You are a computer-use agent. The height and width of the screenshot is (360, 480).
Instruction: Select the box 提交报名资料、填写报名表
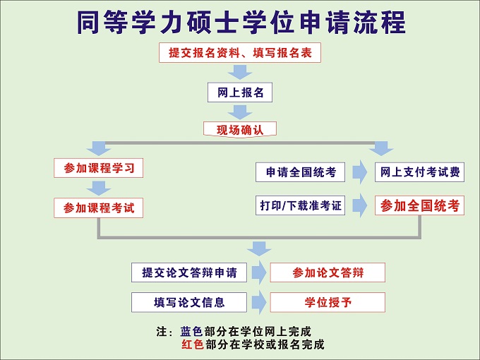click(x=240, y=53)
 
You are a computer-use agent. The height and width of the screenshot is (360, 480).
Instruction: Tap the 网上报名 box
click(x=240, y=92)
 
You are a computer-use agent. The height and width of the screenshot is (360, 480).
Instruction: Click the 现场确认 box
click(x=240, y=129)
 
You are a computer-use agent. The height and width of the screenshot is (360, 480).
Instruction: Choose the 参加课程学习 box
click(x=98, y=168)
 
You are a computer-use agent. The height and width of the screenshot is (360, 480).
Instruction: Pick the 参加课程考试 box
click(x=98, y=208)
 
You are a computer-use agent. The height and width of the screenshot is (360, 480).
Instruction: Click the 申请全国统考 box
click(x=300, y=172)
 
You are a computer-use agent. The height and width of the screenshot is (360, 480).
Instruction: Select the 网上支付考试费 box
click(x=419, y=172)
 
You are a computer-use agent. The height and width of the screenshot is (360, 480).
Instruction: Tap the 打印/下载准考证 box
click(x=300, y=205)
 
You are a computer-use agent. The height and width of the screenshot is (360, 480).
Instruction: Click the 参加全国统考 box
click(x=419, y=205)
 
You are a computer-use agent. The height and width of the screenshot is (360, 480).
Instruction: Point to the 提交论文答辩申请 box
click(x=189, y=272)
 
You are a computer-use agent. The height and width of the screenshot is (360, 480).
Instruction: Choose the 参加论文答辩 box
click(x=328, y=272)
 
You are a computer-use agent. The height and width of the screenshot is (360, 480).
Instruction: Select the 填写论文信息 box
click(x=189, y=302)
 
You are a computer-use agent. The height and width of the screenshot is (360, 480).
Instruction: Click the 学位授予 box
click(x=328, y=302)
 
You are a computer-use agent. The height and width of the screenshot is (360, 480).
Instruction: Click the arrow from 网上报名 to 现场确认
click(x=240, y=112)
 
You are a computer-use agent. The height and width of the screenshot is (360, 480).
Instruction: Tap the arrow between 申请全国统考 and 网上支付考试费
click(x=360, y=172)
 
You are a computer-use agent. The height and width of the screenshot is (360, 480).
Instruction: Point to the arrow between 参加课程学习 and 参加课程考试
click(x=98, y=188)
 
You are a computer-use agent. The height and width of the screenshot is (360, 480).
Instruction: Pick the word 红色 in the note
click(x=192, y=344)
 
